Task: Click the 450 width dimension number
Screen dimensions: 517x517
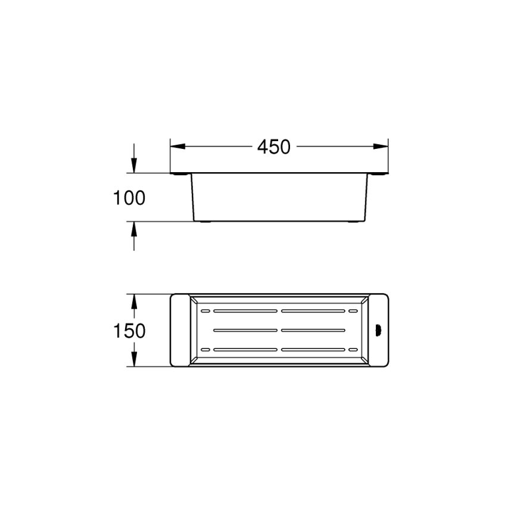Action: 274,147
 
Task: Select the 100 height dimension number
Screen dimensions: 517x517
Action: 129,198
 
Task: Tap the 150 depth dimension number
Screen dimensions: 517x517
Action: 129,331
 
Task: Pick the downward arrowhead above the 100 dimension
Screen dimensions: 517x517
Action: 134,166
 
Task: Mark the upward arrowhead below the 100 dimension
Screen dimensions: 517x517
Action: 134,229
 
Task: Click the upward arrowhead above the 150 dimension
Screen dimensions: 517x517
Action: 134,301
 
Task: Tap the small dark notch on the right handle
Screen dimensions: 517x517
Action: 377,329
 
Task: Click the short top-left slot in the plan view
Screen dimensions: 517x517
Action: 205,311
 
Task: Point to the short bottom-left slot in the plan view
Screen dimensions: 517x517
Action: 205,348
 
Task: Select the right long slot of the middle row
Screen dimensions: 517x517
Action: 312,330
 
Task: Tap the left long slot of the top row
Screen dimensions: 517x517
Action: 245,311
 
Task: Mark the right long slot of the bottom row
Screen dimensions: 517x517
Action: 312,348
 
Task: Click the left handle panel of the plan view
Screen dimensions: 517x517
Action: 179,329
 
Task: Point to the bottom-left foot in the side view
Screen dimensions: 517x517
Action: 204,222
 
